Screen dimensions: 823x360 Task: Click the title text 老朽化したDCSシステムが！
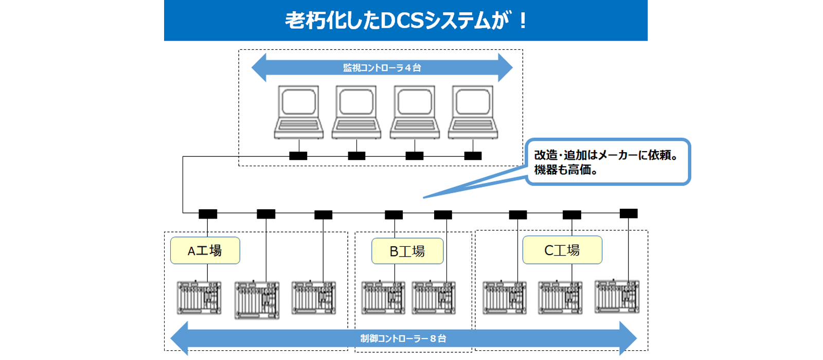tap(406, 20)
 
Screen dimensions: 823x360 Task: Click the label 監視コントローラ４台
tap(382, 67)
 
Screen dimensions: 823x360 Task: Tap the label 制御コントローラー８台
tap(403, 338)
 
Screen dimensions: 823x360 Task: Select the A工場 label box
tap(205, 250)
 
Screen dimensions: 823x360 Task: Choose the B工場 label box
tap(407, 251)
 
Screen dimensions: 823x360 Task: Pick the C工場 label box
tap(562, 250)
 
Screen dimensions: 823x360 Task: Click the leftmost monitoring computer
tap(299, 113)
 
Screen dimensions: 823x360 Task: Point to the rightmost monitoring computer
tap(473, 113)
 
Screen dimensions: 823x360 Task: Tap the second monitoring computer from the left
tap(356, 113)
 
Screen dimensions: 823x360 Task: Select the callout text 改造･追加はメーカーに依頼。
tap(606, 155)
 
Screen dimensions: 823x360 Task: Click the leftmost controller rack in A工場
tap(199, 298)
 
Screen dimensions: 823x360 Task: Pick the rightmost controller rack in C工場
tap(617, 297)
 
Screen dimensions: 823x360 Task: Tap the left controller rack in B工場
tap(383, 298)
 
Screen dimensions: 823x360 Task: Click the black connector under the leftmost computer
tap(298, 156)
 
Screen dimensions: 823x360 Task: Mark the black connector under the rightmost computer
tap(473, 156)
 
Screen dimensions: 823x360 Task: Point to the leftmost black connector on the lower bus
tap(208, 214)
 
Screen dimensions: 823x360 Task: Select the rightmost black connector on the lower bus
tap(629, 213)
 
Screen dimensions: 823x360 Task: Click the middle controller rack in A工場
tap(257, 300)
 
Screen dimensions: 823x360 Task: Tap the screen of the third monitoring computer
tap(415, 101)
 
